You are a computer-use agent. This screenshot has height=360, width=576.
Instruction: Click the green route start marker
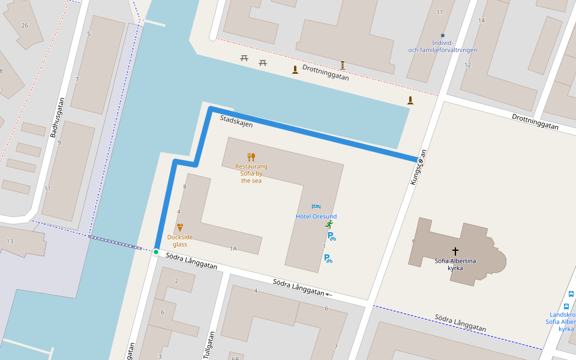click(x=156, y=252)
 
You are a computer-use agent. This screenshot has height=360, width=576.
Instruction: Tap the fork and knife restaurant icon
click(x=251, y=157)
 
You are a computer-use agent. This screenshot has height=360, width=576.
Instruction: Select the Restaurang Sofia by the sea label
click(x=251, y=173)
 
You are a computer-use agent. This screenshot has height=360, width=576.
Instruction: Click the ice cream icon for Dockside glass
click(x=180, y=227)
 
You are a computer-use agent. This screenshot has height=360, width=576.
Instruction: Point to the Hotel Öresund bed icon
click(x=316, y=207)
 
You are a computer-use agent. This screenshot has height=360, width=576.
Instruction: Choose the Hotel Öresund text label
click(x=316, y=217)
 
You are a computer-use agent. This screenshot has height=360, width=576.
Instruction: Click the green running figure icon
click(x=329, y=224)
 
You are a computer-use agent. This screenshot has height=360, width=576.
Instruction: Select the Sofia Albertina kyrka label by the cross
click(x=455, y=264)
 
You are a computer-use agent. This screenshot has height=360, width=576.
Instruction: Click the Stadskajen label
click(x=236, y=121)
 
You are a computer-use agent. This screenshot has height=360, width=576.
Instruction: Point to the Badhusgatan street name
click(x=57, y=117)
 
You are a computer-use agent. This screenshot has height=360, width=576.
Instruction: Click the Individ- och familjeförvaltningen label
click(x=442, y=47)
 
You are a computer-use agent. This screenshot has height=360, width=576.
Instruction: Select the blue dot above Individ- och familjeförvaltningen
click(x=443, y=35)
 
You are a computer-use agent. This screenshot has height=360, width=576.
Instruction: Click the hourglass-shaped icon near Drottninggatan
click(x=343, y=64)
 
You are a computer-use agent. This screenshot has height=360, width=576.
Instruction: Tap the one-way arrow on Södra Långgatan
click(x=329, y=295)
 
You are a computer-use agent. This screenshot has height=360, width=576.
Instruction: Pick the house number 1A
click(x=233, y=248)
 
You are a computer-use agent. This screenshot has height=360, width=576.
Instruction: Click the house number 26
click(x=25, y=25)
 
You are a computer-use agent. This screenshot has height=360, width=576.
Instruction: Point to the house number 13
click(x=10, y=241)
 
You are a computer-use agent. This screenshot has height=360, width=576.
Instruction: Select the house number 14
click(x=481, y=20)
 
